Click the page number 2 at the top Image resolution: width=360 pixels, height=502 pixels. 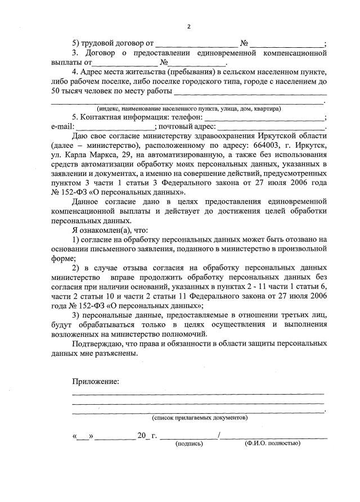pyautogui.click(x=189, y=26)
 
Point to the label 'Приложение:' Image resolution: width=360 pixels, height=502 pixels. pyautogui.click(x=96, y=382)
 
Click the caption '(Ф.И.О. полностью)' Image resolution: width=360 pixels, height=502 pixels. pyautogui.click(x=272, y=444)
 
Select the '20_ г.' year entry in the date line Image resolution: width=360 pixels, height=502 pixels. pyautogui.click(x=147, y=436)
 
